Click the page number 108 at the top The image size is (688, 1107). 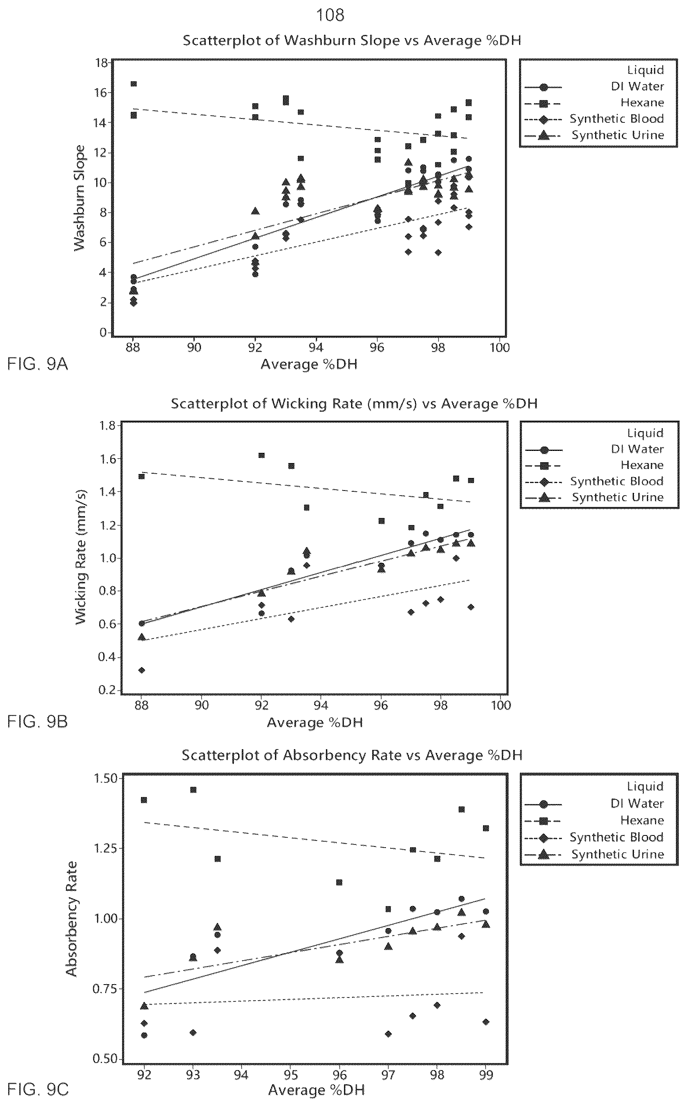pyautogui.click(x=330, y=15)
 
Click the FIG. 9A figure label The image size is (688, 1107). pyautogui.click(x=38, y=364)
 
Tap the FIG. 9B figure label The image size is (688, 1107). pyautogui.click(x=38, y=722)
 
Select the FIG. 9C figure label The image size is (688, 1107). pyautogui.click(x=38, y=1090)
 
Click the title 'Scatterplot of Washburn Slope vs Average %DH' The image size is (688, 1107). pyautogui.click(x=352, y=40)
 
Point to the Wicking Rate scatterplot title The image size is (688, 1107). pyautogui.click(x=354, y=404)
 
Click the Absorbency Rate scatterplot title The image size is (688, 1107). pyautogui.click(x=352, y=755)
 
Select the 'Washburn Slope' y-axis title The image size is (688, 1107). pyautogui.click(x=80, y=198)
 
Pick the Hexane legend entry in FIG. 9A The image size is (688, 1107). pyautogui.click(x=642, y=102)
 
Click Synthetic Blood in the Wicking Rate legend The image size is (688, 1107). pyautogui.click(x=617, y=481)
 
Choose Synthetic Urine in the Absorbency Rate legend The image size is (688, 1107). pyautogui.click(x=617, y=854)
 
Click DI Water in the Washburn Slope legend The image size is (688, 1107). pyautogui.click(x=637, y=86)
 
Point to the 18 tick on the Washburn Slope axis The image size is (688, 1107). pyautogui.click(x=102, y=63)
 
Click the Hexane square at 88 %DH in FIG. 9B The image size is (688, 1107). pyautogui.click(x=142, y=476)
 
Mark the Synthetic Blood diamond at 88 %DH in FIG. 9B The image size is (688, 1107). pyautogui.click(x=142, y=670)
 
